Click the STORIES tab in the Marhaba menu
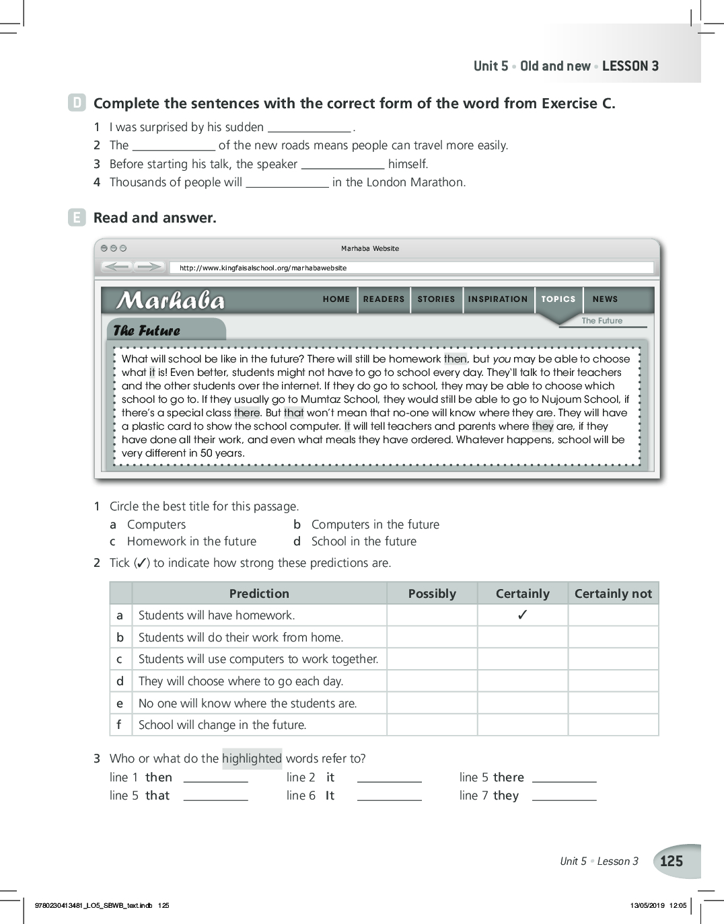tap(436, 299)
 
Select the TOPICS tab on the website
tap(558, 299)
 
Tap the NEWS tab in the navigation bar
tap(605, 299)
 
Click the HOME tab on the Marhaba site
tap(336, 299)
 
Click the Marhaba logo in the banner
tap(171, 301)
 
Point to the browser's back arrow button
tap(117, 267)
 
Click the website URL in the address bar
tap(262, 268)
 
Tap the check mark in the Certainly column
tap(522, 615)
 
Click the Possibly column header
tap(432, 593)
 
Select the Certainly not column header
tap(613, 593)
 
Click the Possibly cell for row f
tap(432, 725)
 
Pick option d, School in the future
tap(363, 541)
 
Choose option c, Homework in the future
tap(191, 541)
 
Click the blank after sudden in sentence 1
tap(309, 128)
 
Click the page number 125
tap(672, 861)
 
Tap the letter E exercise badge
tap(77, 217)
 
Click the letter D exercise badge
tap(77, 103)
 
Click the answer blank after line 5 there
tap(564, 778)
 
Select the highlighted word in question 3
tap(252, 759)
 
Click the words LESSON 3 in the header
tap(630, 66)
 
